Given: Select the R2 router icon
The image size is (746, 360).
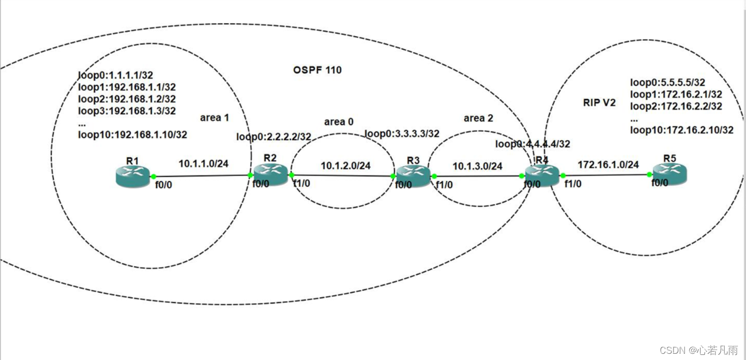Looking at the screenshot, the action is pos(270,175).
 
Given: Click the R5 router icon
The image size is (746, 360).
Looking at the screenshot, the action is pos(669,174).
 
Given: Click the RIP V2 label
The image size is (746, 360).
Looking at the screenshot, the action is pos(600,102).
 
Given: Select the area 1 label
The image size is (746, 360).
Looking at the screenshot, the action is pos(215,118).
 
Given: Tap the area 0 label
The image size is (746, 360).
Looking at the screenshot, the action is pos(339,122).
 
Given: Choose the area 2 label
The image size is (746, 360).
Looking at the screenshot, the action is pos(478,118).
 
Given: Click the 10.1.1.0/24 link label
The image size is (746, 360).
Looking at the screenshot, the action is pos(204,164).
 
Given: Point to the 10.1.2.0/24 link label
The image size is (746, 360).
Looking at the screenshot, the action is pos(346,166).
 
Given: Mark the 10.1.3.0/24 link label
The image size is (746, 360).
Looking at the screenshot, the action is pos(478,166).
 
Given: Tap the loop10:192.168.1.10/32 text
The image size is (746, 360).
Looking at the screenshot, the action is pos(132,135).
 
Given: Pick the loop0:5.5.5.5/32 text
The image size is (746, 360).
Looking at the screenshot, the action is pos(667,82).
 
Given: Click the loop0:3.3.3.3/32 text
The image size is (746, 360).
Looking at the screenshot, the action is pos(402,133).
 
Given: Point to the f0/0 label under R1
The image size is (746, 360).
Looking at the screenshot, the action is pos(164,185).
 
